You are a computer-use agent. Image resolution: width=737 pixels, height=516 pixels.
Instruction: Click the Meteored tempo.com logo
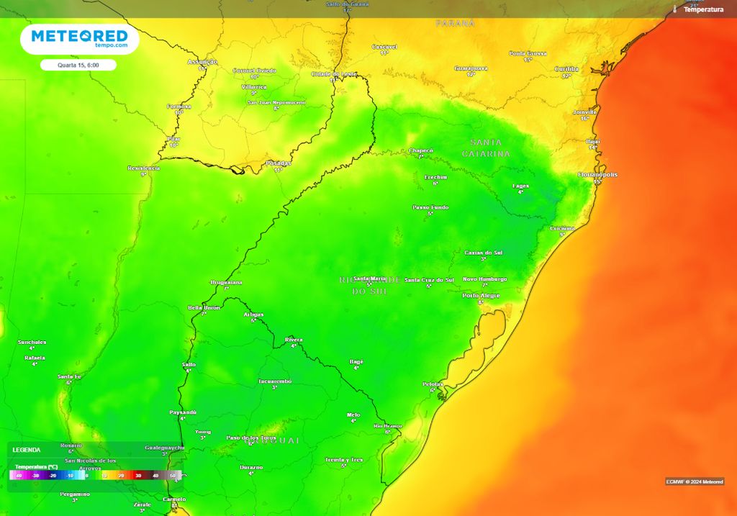pyautogui.click(x=79, y=39)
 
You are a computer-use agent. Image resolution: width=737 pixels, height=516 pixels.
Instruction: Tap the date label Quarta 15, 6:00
pyautogui.click(x=78, y=65)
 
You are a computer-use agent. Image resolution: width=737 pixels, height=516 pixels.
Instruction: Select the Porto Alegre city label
pyautogui.click(x=480, y=295)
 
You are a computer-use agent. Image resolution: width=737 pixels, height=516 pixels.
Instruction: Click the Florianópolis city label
pyautogui.click(x=597, y=175)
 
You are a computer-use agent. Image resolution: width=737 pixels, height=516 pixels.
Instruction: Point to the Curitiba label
pyautogui.click(x=566, y=69)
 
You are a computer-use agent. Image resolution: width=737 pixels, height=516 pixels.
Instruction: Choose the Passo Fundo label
pyautogui.click(x=430, y=207)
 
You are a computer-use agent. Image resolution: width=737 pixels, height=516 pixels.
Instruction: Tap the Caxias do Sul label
pyautogui.click(x=483, y=253)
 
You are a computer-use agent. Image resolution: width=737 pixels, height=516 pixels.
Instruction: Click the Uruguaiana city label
pyautogui.click(x=226, y=282)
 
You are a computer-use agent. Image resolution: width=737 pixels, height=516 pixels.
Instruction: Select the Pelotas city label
pyautogui.click(x=433, y=384)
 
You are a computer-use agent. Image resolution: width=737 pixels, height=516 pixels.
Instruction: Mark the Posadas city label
pyautogui.click(x=279, y=163)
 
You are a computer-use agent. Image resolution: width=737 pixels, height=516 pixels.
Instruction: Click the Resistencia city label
pyautogui.click(x=143, y=168)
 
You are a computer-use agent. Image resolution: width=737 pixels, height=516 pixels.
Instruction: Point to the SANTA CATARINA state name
pyautogui.click(x=486, y=148)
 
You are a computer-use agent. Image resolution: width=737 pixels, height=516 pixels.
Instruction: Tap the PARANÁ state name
pyautogui.click(x=456, y=24)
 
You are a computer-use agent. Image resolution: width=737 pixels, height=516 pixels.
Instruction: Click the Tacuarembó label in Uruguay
pyautogui.click(x=275, y=381)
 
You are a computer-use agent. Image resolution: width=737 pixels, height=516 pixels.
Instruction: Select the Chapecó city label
pyautogui.click(x=421, y=150)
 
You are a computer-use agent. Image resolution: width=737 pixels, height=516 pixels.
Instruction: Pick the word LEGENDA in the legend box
pyautogui.click(x=27, y=450)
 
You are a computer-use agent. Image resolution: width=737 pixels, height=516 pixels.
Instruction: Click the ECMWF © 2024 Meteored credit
pyautogui.click(x=695, y=481)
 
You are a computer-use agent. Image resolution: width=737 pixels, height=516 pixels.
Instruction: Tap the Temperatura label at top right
pyautogui.click(x=703, y=9)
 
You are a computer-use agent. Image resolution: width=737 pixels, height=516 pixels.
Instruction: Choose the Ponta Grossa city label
pyautogui.click(x=528, y=53)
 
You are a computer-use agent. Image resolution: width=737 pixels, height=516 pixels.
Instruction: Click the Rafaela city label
pyautogui.click(x=35, y=358)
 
